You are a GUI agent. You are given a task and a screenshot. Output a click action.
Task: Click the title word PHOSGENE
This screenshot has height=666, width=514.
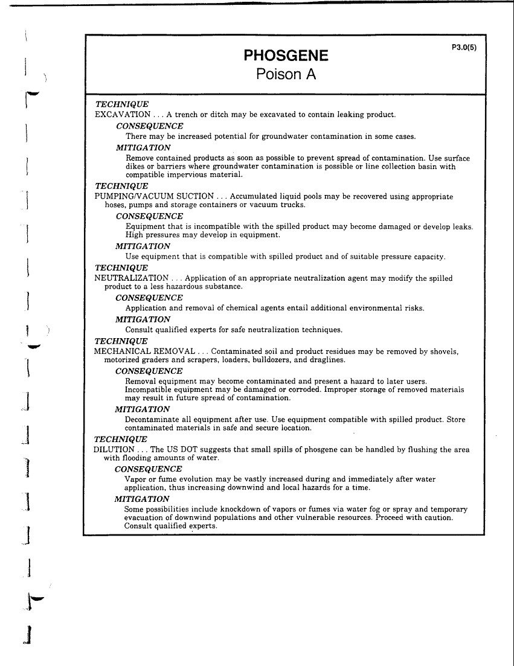pos(286,56)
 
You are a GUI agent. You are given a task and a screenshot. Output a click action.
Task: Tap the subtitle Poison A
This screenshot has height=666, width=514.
pos(286,75)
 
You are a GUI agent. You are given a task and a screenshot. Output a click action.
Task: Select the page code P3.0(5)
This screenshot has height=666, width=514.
pos(464,47)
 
